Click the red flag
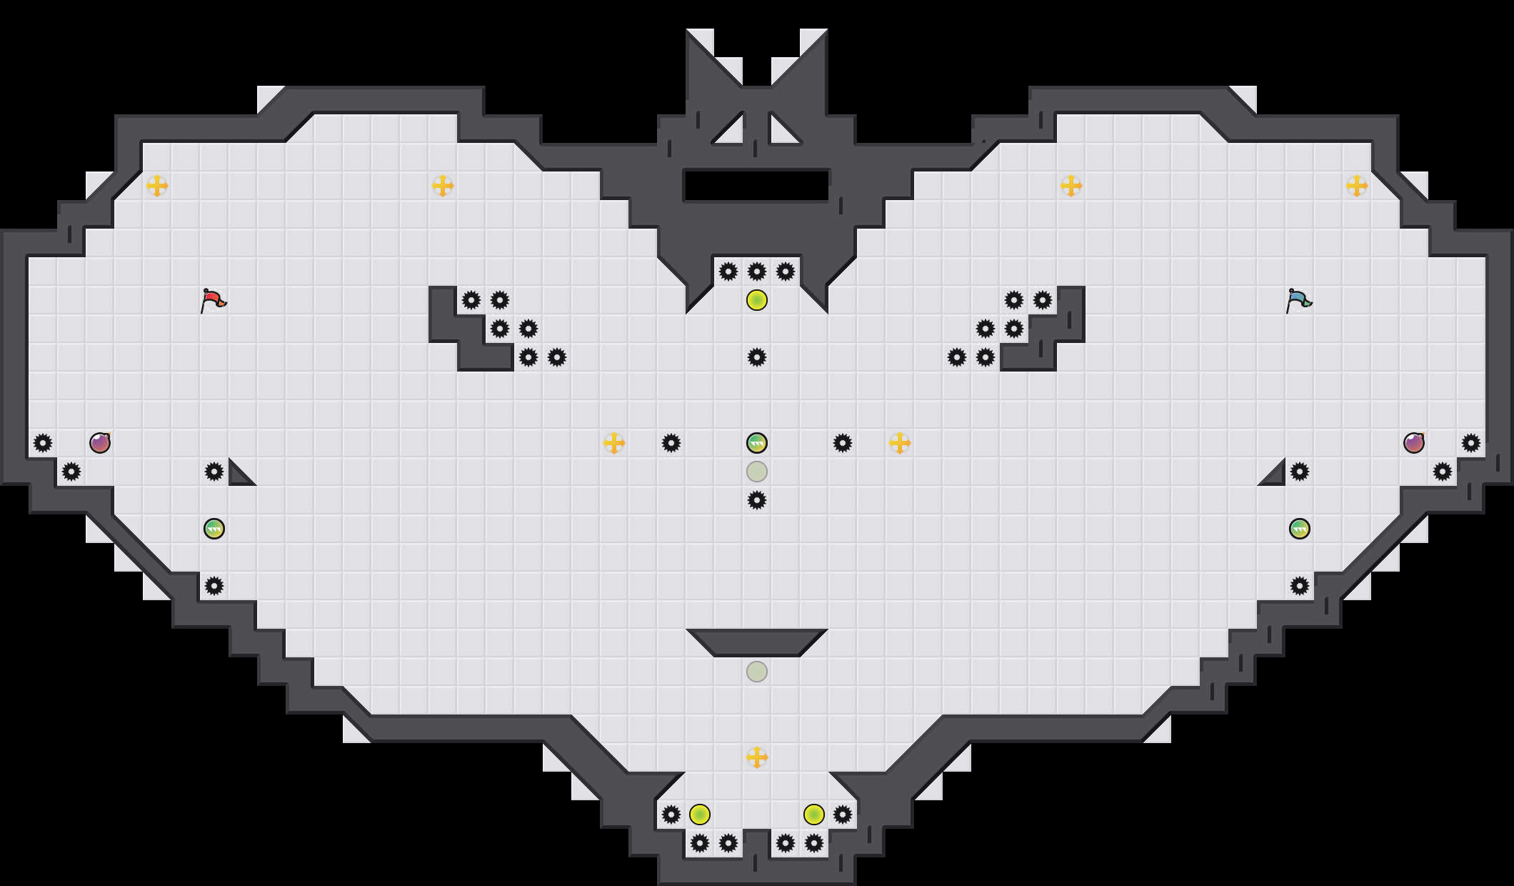click(x=213, y=300)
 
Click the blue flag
click(x=1298, y=300)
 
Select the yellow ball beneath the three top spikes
click(x=757, y=300)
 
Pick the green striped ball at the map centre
click(x=757, y=443)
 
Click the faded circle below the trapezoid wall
click(x=757, y=672)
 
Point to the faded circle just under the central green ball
click(x=757, y=472)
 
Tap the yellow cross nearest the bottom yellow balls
click(x=757, y=757)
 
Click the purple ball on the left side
click(x=100, y=443)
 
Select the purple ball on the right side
click(x=1414, y=443)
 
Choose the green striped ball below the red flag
click(x=214, y=529)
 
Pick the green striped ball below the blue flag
click(x=1300, y=529)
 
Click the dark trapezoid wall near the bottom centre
click(x=757, y=642)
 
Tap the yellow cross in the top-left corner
click(x=157, y=186)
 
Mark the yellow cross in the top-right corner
click(x=1357, y=186)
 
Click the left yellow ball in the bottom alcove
click(x=700, y=815)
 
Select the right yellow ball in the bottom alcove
click(x=814, y=815)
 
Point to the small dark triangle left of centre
click(x=239, y=476)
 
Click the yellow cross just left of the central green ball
click(x=614, y=443)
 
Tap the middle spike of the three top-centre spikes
click(x=757, y=272)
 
